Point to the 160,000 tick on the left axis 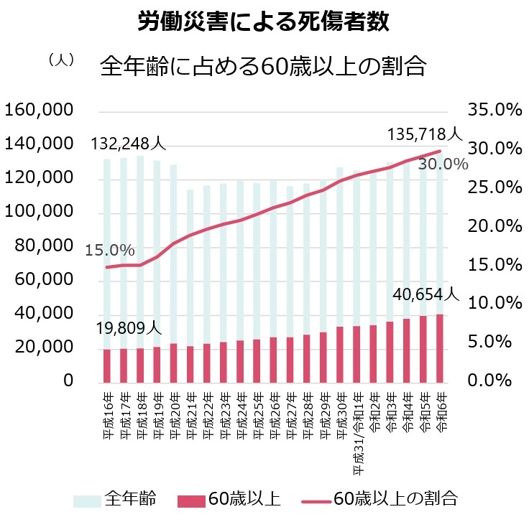point(40,111)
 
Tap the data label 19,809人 point(129,328)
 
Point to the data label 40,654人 point(425,294)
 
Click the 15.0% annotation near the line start point(110,251)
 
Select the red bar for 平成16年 point(107,365)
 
